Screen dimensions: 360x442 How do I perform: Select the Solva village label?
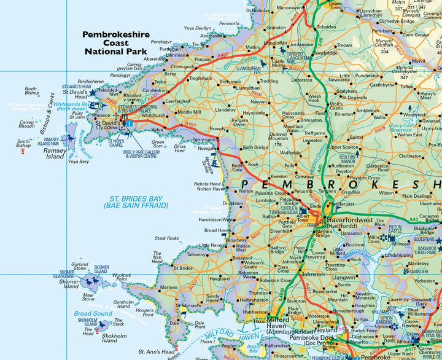[x=157, y=130]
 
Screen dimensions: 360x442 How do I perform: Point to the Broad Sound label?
[x=93, y=313]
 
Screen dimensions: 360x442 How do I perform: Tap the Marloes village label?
[x=168, y=287]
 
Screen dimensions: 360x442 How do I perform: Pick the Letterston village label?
[x=302, y=79]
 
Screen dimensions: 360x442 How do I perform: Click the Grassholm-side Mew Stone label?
[x=87, y=297]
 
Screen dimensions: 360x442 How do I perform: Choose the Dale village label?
[x=174, y=322]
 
